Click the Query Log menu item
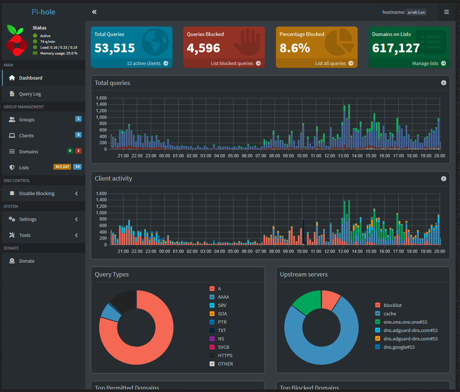tap(30, 94)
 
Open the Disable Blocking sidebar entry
tap(37, 194)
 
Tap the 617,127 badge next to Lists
tap(62, 167)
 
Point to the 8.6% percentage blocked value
tap(295, 48)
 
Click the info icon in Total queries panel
tap(443, 83)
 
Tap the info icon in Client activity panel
tap(443, 179)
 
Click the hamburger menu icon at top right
tap(446, 12)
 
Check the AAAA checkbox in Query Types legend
tap(212, 297)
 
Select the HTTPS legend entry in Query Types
tap(225, 356)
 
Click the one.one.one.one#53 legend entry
tap(405, 322)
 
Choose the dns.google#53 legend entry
tap(399, 347)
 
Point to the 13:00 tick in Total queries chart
tap(343, 156)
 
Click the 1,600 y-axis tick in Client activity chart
tap(101, 194)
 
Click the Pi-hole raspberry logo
tap(17, 41)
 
